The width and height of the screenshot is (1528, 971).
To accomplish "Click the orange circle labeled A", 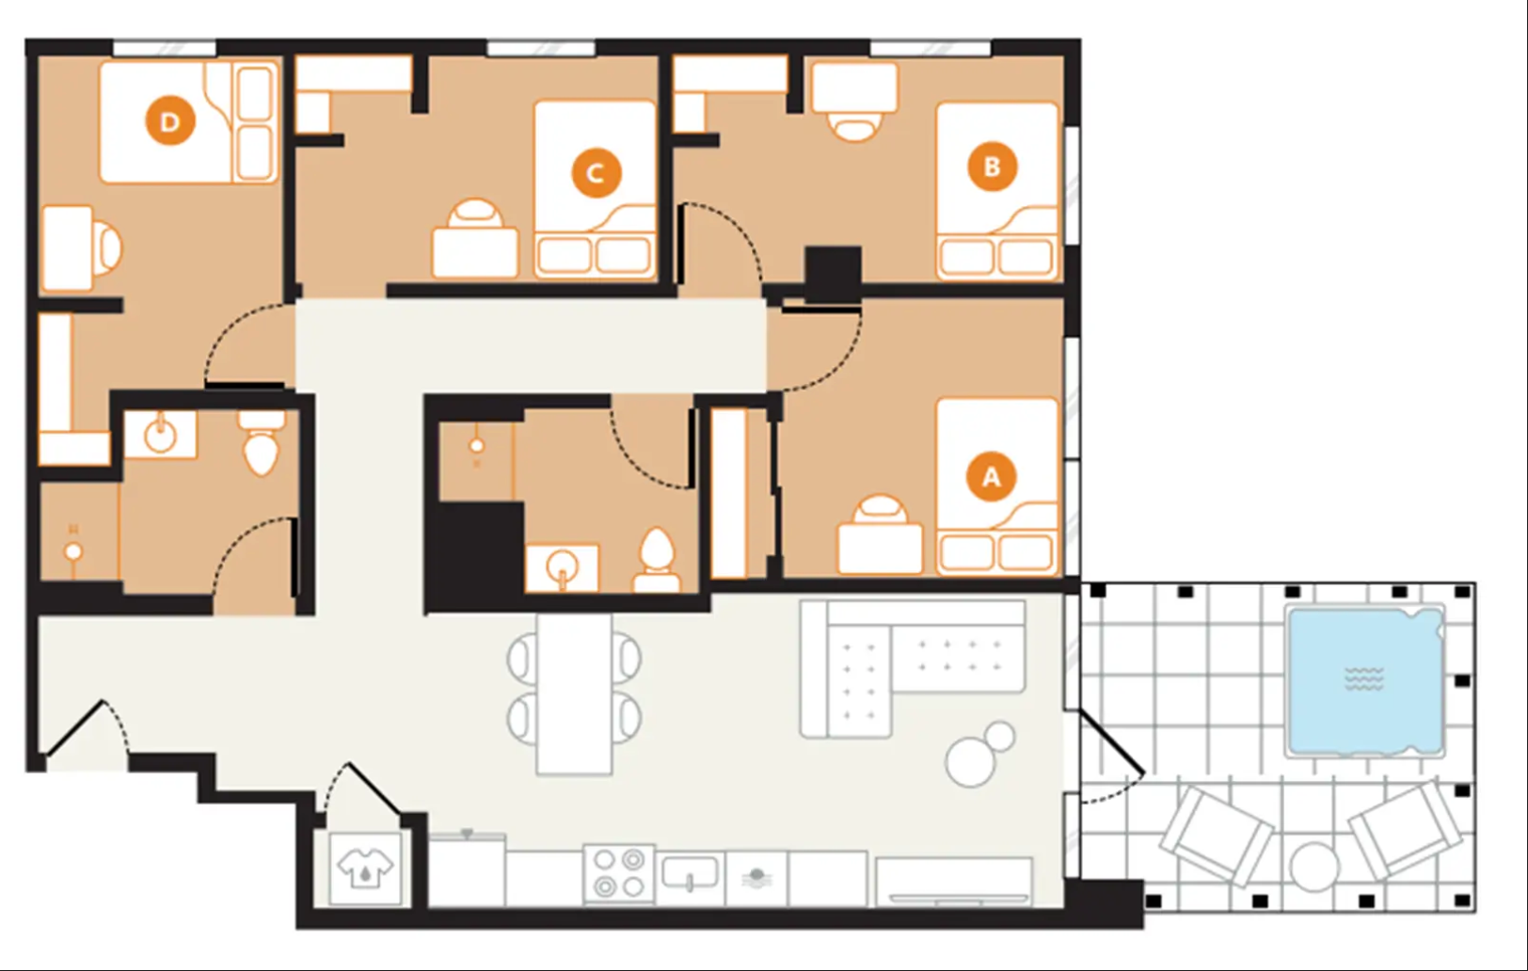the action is [991, 476].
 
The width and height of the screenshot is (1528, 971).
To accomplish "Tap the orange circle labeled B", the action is [993, 167].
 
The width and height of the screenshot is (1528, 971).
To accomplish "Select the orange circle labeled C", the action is [597, 172].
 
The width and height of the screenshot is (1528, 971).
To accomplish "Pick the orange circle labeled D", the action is [170, 121].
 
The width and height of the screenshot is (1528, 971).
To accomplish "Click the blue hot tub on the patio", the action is [1365, 680].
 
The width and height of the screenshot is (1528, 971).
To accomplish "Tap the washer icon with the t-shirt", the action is [366, 868].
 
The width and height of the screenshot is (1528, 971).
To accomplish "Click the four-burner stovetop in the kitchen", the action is [619, 873].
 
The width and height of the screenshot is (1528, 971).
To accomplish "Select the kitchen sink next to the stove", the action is [690, 873].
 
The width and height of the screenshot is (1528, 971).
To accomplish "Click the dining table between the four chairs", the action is [574, 694].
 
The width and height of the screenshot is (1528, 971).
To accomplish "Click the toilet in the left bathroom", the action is [262, 443].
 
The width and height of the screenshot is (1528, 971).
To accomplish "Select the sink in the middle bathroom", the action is [562, 567].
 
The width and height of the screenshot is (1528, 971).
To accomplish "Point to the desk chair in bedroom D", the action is [108, 248].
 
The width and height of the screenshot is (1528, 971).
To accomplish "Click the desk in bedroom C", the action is [475, 253].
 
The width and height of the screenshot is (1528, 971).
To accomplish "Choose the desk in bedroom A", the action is [880, 549].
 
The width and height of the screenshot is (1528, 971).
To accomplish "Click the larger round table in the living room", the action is [970, 762].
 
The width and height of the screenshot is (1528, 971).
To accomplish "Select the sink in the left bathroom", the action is [160, 434].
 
